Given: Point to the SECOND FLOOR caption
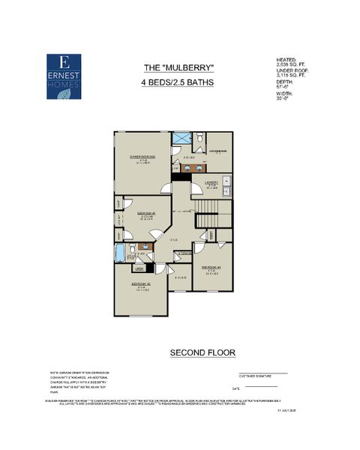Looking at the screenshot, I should tap(202, 352).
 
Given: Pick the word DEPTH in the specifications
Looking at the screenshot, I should tap(285, 82).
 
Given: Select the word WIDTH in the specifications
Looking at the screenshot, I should tap(285, 93).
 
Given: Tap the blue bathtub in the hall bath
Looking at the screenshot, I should tap(120, 253).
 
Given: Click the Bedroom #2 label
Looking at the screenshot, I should tap(139, 285).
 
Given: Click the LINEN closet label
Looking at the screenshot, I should tap(139, 268).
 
